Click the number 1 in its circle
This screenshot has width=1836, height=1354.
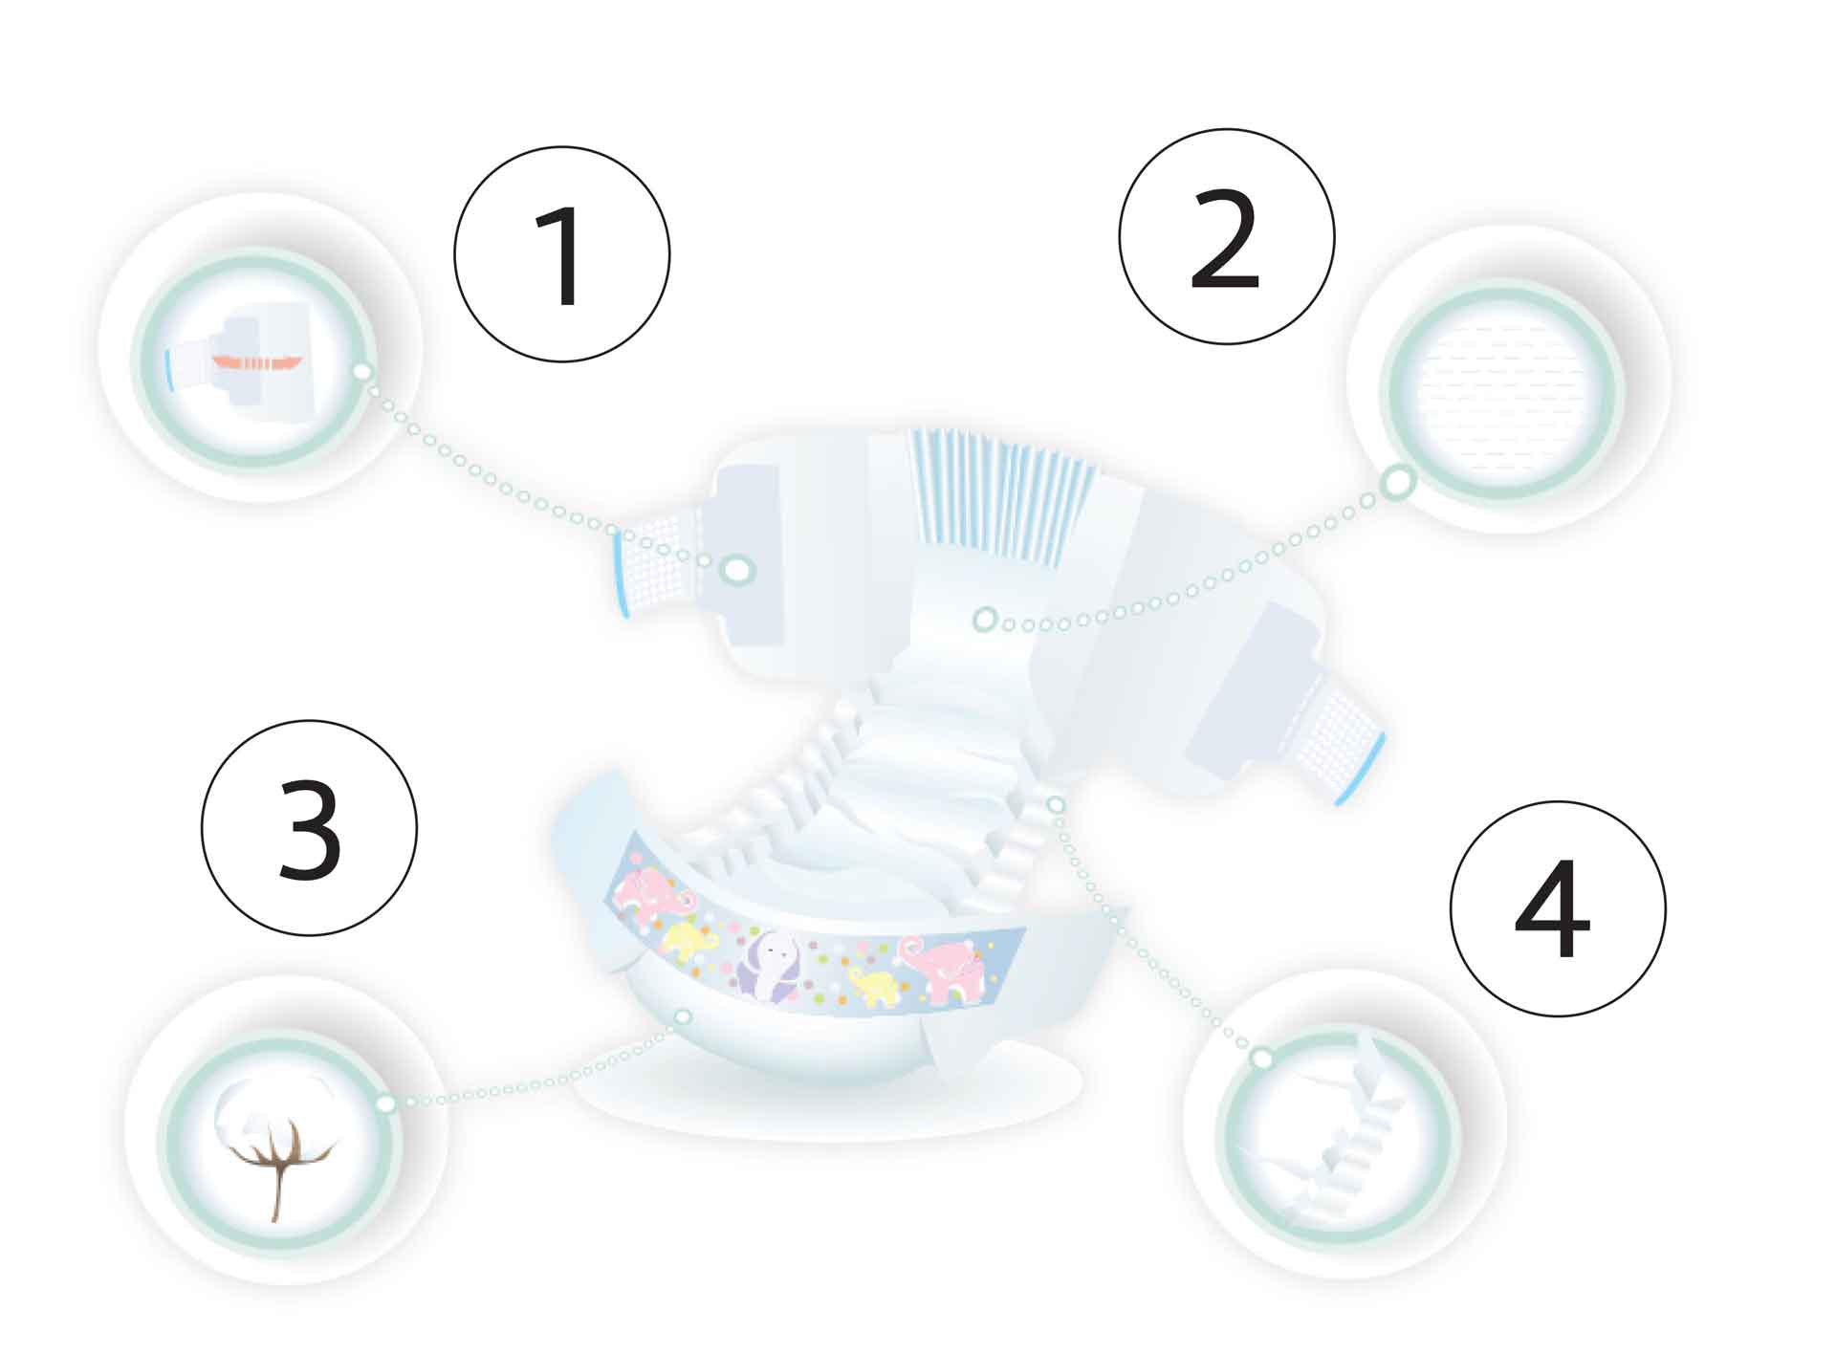pyautogui.click(x=561, y=254)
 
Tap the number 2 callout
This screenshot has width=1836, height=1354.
pyautogui.click(x=1227, y=236)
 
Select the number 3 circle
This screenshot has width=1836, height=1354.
pyautogui.click(x=309, y=828)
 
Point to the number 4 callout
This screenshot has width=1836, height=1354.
pyautogui.click(x=1558, y=908)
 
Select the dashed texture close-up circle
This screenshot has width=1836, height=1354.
pyautogui.click(x=1501, y=393)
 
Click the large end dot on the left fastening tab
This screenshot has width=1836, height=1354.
pyautogui.click(x=737, y=570)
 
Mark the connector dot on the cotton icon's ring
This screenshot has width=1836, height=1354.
pyautogui.click(x=385, y=1103)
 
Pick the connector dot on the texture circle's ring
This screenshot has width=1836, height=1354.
pyautogui.click(x=1398, y=483)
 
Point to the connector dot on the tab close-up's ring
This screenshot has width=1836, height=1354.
pyautogui.click(x=361, y=371)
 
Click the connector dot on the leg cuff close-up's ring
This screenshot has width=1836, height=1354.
pyautogui.click(x=1262, y=1058)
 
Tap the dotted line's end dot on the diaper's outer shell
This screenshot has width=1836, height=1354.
pyautogui.click(x=683, y=1016)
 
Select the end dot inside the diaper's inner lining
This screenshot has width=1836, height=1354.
pyautogui.click(x=984, y=620)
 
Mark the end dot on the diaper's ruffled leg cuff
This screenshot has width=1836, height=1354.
pyautogui.click(x=1056, y=804)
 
